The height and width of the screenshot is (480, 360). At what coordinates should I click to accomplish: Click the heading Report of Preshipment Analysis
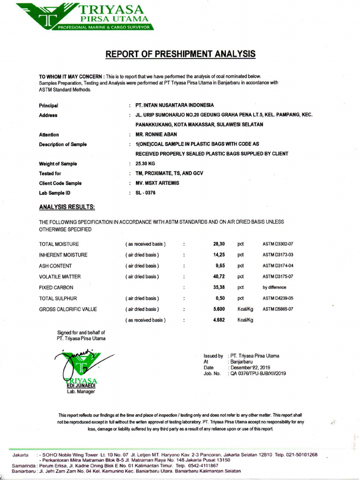(x=180, y=54)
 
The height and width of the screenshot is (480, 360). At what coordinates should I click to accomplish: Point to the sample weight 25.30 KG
(x=145, y=164)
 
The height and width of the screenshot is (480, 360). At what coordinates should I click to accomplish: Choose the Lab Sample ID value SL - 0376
(x=145, y=193)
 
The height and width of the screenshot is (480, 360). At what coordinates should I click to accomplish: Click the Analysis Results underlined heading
(x=67, y=207)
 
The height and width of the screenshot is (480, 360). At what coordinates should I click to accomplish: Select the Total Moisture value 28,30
(x=219, y=244)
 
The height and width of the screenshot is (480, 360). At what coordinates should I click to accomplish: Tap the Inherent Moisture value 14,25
(x=219, y=255)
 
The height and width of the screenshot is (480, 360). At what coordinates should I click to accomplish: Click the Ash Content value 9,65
(x=220, y=266)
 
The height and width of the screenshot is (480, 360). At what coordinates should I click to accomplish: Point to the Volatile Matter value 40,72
(x=219, y=277)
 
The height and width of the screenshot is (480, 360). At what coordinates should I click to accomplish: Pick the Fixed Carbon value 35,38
(x=219, y=287)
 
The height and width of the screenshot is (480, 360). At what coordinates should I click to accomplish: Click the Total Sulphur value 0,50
(x=220, y=298)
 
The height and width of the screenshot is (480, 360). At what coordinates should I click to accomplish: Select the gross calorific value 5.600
(x=219, y=309)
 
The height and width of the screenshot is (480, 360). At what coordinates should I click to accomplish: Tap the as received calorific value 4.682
(x=219, y=320)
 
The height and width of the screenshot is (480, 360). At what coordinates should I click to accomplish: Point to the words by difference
(x=274, y=287)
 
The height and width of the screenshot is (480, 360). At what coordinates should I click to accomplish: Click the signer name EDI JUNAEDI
(x=81, y=386)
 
